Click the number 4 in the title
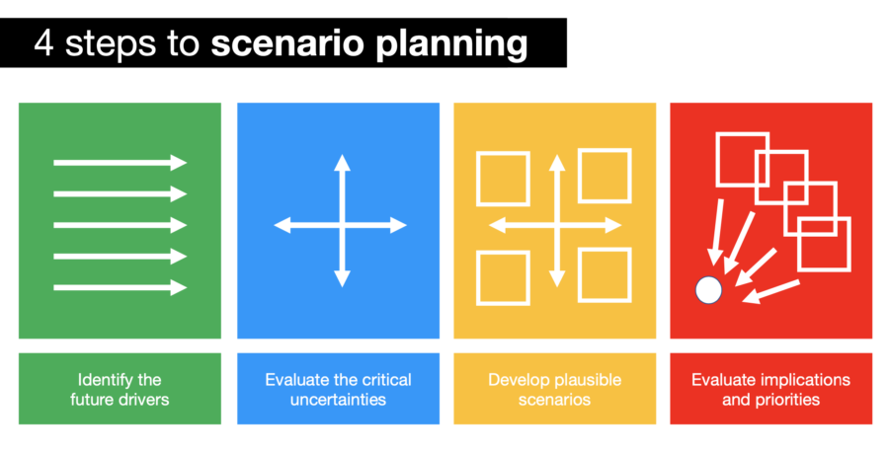pyautogui.click(x=44, y=43)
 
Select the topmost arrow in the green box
pyautogui.click(x=120, y=163)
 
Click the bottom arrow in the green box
pyautogui.click(x=120, y=287)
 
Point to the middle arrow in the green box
pyautogui.click(x=120, y=225)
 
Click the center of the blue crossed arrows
pyautogui.click(x=341, y=225)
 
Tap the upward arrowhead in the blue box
pyautogui.click(x=341, y=163)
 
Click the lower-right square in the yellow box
pyautogui.click(x=604, y=274)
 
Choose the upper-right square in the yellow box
pyautogui.click(x=604, y=175)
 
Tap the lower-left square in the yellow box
pyautogui.click(x=503, y=277)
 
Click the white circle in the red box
pyautogui.click(x=707, y=289)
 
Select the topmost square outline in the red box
pyautogui.click(x=742, y=159)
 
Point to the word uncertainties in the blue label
pyautogui.click(x=338, y=400)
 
